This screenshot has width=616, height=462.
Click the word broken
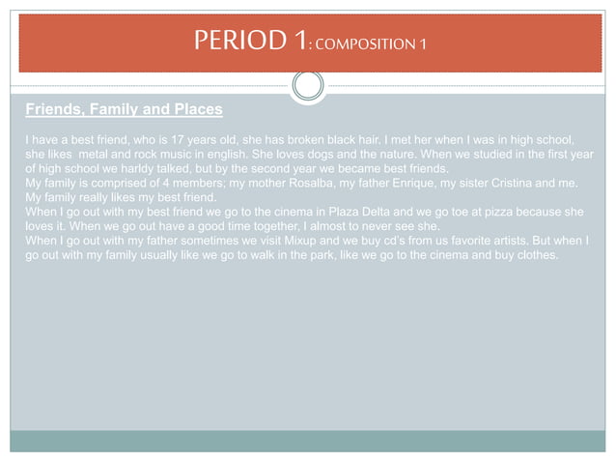click(350, 138)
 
